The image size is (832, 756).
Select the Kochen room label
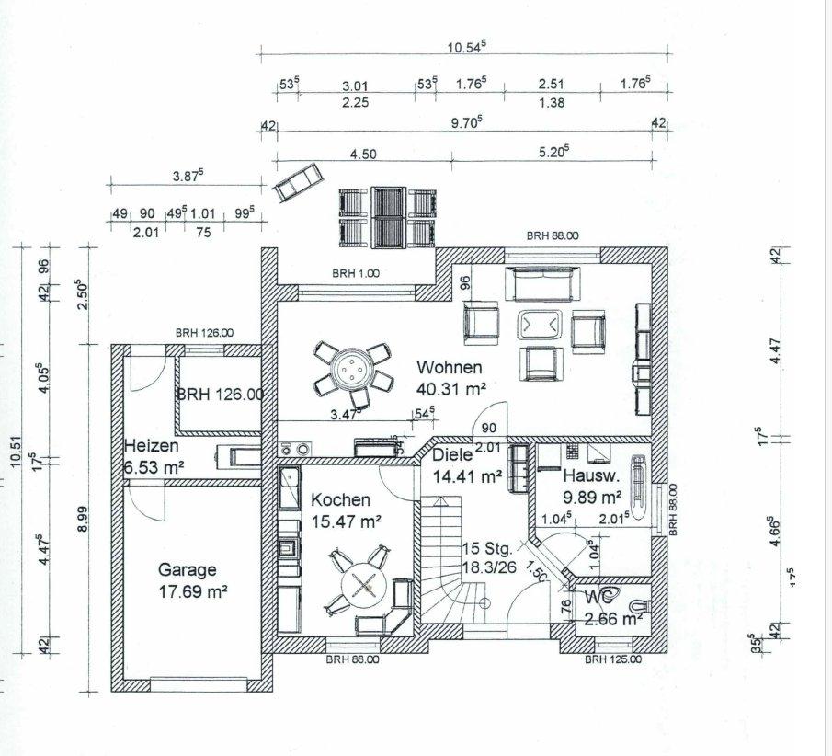coord(340,500)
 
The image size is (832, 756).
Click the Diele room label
coord(451,454)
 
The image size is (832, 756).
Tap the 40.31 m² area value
coord(450,388)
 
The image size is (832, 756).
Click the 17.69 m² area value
coord(192,591)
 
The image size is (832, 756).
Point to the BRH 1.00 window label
coord(356,273)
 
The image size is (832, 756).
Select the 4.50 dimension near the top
coord(363,154)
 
